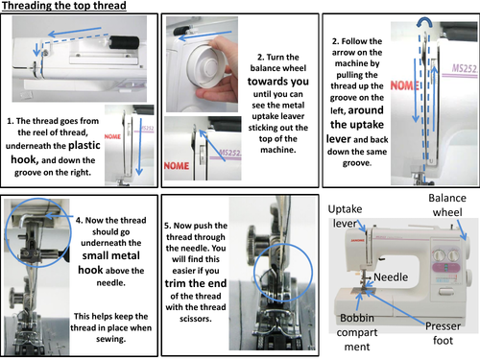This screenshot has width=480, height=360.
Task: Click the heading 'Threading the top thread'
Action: (64, 6)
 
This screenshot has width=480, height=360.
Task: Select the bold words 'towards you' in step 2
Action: (278, 82)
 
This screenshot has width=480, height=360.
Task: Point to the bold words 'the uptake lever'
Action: (357, 125)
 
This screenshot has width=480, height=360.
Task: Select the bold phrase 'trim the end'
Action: (196, 283)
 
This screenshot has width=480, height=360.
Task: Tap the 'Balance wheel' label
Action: (447, 205)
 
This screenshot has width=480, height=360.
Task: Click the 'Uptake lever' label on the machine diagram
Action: (345, 216)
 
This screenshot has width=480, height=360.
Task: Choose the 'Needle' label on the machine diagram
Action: (391, 277)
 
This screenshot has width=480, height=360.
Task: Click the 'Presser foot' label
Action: (443, 333)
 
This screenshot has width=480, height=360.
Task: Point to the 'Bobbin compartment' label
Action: (357, 332)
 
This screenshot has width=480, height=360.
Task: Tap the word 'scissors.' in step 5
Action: (196, 319)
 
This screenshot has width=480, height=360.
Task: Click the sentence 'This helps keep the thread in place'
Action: (111, 322)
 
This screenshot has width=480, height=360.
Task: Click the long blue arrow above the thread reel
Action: (75, 31)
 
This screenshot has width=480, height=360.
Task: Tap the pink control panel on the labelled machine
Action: (445, 268)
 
